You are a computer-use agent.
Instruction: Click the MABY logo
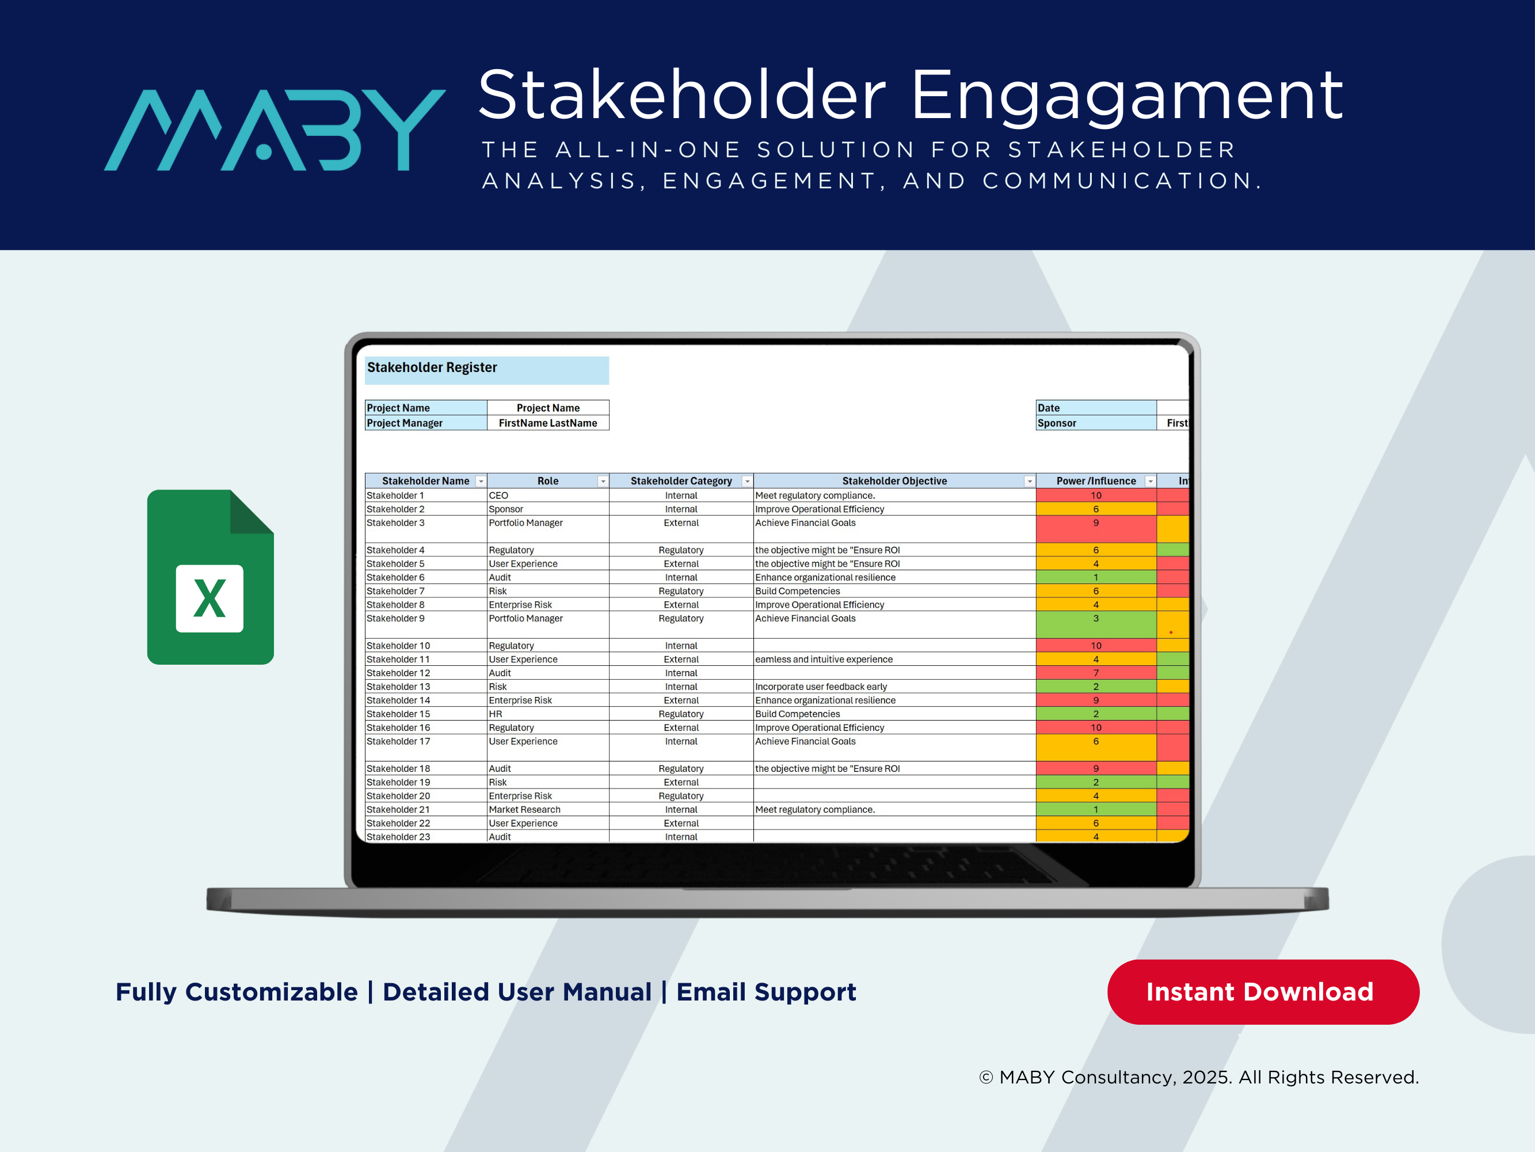click(x=274, y=130)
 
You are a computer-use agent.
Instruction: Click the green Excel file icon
click(x=210, y=577)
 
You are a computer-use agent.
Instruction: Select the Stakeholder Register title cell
click(x=486, y=369)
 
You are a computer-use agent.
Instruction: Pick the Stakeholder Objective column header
click(x=893, y=480)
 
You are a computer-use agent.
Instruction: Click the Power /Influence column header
click(x=1095, y=480)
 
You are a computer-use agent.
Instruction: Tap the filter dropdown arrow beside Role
click(x=603, y=481)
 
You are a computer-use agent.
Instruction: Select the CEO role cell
click(x=498, y=496)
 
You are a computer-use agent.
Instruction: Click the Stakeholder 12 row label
click(x=398, y=673)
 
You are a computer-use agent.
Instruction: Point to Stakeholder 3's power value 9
click(x=1096, y=524)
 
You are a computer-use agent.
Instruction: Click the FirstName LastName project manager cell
click(x=547, y=423)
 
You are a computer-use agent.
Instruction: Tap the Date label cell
click(x=1095, y=408)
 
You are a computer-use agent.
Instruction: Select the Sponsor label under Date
click(x=1095, y=423)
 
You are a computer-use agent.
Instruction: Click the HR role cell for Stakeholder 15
click(x=496, y=714)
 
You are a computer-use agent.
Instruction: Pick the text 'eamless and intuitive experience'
click(x=824, y=659)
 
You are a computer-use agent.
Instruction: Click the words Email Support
click(x=766, y=992)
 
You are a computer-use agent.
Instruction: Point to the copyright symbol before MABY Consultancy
click(x=985, y=1077)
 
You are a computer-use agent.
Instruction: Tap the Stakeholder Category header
click(x=680, y=480)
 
